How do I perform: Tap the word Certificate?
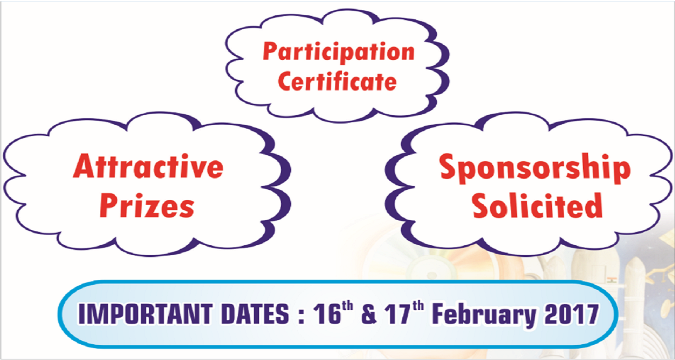click(x=337, y=81)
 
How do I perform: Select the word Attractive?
click(x=148, y=166)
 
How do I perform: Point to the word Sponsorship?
click(x=535, y=168)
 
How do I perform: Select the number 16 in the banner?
click(x=327, y=314)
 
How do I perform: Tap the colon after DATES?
click(x=301, y=316)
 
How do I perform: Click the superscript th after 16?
click(x=347, y=306)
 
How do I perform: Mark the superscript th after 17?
click(x=418, y=306)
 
